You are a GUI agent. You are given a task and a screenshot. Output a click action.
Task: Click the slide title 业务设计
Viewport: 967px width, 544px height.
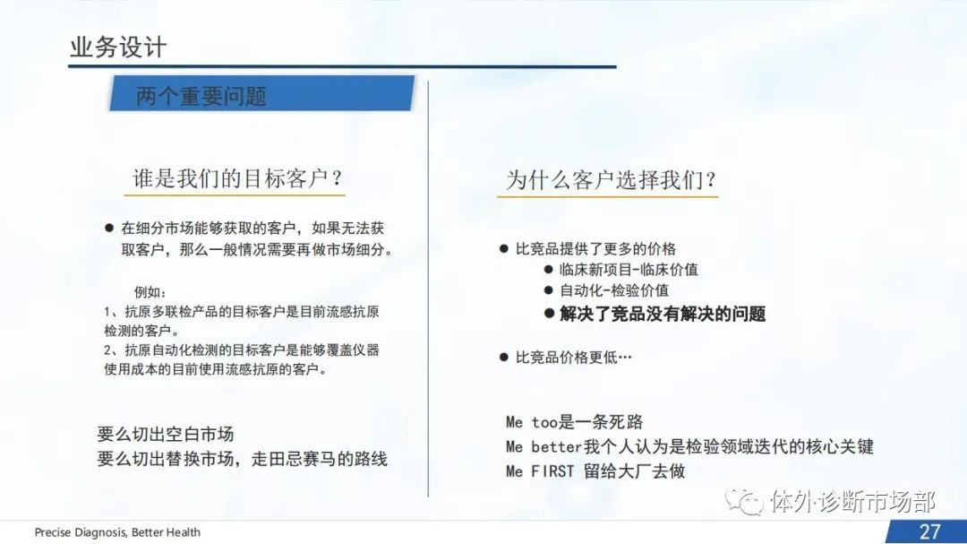click(118, 47)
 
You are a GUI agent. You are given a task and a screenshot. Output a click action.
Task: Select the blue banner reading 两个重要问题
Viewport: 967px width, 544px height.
click(262, 93)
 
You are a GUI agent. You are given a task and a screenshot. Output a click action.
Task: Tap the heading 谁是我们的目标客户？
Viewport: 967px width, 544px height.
click(237, 179)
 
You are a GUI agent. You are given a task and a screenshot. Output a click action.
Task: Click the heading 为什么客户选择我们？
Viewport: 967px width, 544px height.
click(612, 180)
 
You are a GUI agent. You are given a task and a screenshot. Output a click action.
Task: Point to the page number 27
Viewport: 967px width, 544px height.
click(929, 531)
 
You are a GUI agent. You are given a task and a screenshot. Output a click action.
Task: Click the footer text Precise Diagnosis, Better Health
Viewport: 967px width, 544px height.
click(117, 532)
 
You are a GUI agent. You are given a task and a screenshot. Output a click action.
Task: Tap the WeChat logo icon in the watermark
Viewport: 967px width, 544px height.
click(744, 501)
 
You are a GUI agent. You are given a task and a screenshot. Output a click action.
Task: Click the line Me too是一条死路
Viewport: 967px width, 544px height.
click(574, 422)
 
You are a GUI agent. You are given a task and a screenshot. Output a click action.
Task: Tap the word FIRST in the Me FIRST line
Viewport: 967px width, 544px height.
click(552, 471)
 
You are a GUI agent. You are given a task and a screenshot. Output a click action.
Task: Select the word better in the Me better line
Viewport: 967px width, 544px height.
click(556, 446)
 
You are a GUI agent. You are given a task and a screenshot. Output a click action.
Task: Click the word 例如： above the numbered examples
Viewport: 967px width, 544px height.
click(150, 292)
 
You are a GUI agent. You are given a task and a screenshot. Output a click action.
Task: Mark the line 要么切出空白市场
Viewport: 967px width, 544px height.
click(166, 435)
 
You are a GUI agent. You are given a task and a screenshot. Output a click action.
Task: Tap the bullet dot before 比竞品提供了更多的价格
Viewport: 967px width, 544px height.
click(504, 249)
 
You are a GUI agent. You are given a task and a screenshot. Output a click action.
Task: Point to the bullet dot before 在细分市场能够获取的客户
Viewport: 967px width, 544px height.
click(109, 228)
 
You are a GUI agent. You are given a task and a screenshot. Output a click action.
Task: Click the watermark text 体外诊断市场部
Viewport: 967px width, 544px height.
click(853, 502)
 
